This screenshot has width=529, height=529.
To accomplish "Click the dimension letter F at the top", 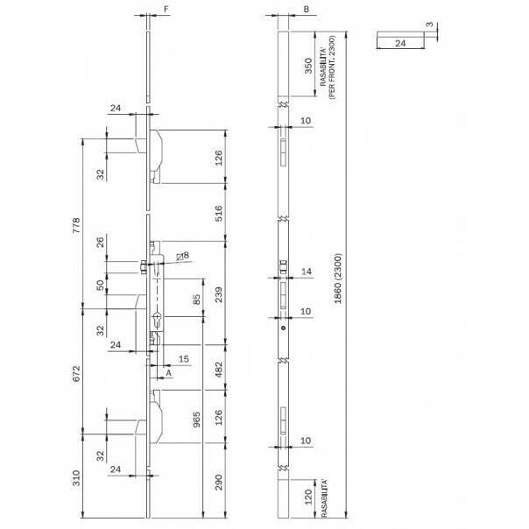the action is [166, 9].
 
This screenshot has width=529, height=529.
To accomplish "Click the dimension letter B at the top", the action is [307, 9].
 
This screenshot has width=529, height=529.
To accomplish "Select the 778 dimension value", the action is [76, 225].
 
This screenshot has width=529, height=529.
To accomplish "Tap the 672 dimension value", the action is [76, 373].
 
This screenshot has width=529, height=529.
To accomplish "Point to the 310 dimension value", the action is [76, 478].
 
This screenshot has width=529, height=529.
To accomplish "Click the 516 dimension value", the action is [219, 213].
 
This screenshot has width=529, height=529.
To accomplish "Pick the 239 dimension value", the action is [219, 294].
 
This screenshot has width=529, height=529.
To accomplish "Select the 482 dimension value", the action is [219, 370].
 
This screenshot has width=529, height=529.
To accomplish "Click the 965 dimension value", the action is [196, 420].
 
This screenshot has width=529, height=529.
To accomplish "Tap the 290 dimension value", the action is [219, 482].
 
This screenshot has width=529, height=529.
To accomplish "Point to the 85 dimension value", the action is [196, 300].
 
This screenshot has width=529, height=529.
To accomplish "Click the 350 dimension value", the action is [308, 67].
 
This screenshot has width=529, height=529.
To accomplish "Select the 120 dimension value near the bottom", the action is [308, 497].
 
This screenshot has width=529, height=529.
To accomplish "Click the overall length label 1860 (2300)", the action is [338, 279].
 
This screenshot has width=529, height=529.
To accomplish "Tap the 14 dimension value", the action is [307, 272].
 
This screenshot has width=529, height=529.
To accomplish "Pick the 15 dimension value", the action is [184, 358].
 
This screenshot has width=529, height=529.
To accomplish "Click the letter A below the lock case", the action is [169, 373].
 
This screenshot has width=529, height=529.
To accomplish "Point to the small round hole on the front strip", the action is [284, 328].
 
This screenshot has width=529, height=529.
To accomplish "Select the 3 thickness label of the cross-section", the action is [429, 25].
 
